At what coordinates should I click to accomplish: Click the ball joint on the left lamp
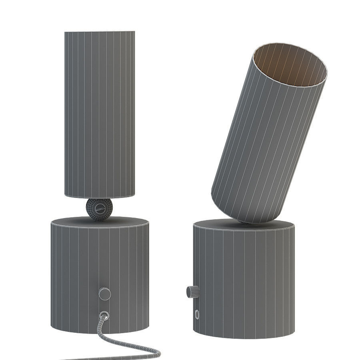pos(99,209)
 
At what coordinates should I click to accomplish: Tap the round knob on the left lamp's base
pos(105,294)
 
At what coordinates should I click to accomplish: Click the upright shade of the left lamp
pos(99,112)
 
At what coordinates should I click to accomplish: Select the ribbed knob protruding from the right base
pos(192,292)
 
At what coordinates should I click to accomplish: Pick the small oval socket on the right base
pos(197,314)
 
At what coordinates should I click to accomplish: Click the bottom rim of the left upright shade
pos(99,196)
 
